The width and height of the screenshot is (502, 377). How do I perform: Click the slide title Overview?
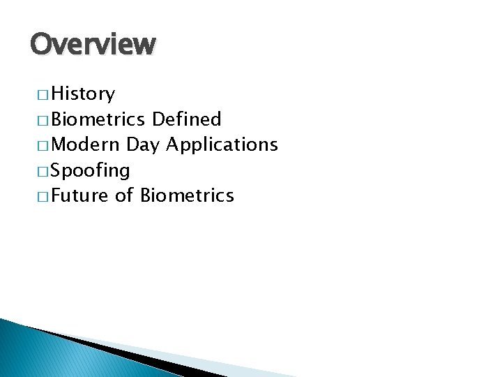[93, 44]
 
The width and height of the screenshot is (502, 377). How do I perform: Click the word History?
[83, 94]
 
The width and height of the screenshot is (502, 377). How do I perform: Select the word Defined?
[186, 119]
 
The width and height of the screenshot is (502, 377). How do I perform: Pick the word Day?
[144, 145]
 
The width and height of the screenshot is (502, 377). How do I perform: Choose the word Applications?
[222, 145]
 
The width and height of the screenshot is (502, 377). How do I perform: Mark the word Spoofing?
[90, 170]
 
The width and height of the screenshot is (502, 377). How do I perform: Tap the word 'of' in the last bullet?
[124, 195]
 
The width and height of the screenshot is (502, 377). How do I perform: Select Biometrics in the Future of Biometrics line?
[187, 195]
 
